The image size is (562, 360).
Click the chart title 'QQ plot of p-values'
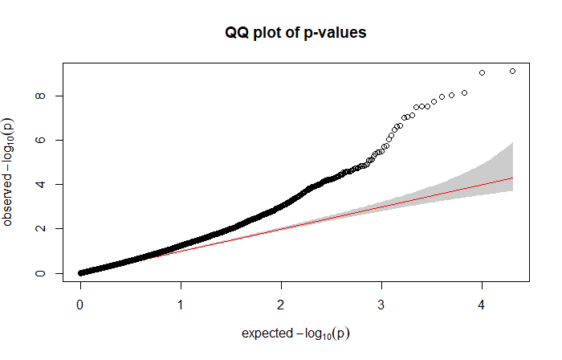pyautogui.click(x=296, y=33)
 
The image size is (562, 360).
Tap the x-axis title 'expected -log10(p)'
pyautogui.click(x=296, y=332)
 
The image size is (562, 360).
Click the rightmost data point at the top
pyautogui.click(x=512, y=72)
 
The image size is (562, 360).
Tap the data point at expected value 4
pyautogui.click(x=482, y=73)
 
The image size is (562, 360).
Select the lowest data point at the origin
pyautogui.click(x=80, y=273)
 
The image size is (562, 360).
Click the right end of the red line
pyautogui.click(x=512, y=178)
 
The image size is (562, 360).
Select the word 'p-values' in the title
pyautogui.click(x=338, y=33)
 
